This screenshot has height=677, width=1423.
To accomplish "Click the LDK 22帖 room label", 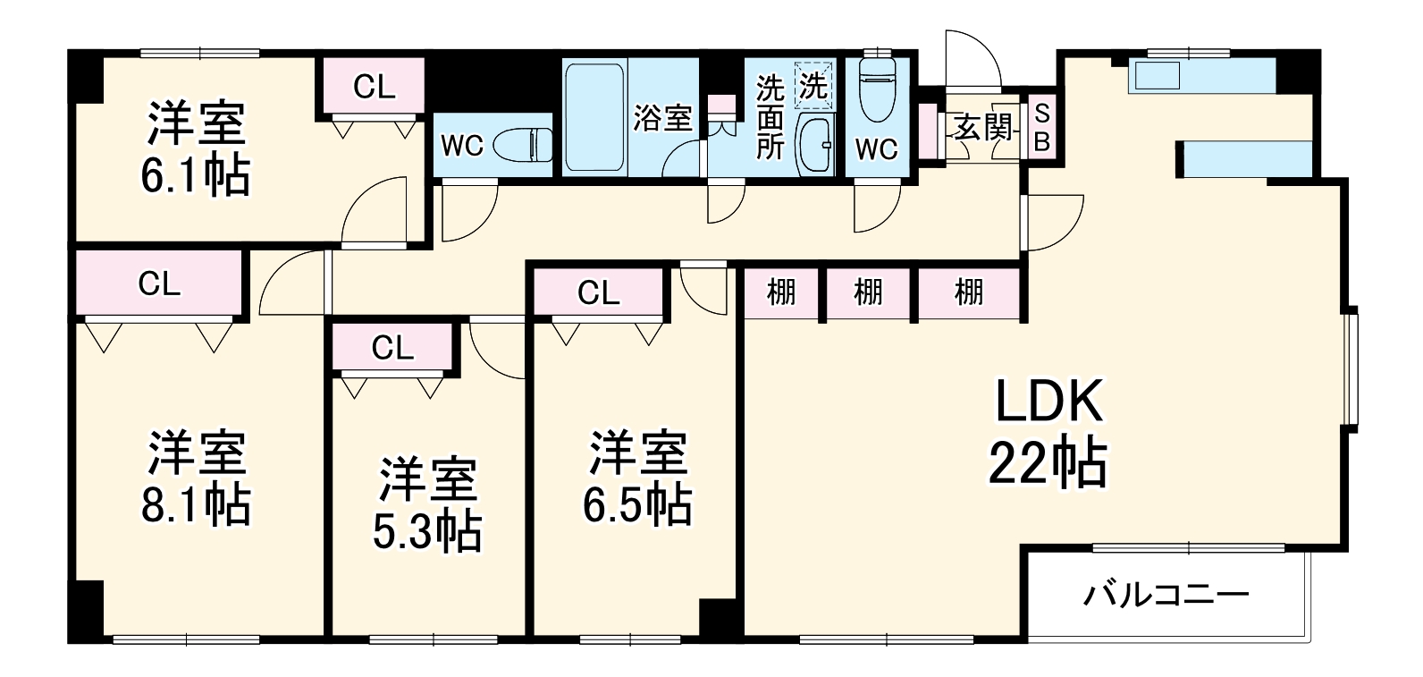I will coord(1048,433).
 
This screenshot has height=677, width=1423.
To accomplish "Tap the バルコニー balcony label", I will coord(1166,594).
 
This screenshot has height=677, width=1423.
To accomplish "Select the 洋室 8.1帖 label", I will coord(195,479).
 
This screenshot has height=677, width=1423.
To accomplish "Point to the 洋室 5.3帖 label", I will coord(426,505).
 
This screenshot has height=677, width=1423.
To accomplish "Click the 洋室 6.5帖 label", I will coord(636,479).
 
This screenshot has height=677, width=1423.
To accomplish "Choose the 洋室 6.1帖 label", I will coord(195,149).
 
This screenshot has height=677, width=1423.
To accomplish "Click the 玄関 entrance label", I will coord(982,128).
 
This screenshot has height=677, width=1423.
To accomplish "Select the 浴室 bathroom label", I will coord(662,118).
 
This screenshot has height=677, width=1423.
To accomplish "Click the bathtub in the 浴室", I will coord(594,116).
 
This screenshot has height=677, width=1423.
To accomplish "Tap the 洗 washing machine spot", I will coord(813,86).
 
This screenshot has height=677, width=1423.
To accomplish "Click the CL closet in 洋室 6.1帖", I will coord(374,87).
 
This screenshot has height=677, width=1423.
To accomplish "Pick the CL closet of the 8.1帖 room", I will coord(159,283).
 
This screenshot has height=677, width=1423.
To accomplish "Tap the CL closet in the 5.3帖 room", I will coord(392,347).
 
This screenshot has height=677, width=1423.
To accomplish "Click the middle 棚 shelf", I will coord(867,292).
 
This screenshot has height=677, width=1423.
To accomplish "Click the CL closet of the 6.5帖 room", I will coord(598,292).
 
